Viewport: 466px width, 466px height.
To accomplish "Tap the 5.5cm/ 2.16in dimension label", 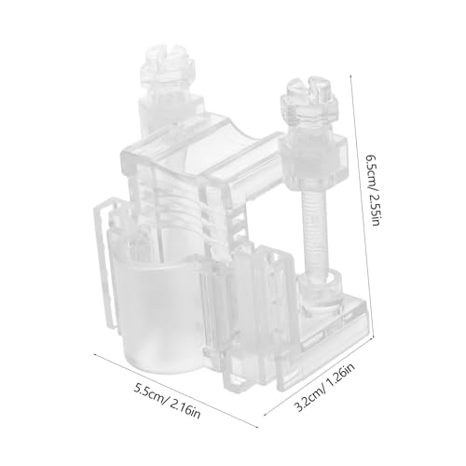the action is tap(167, 401).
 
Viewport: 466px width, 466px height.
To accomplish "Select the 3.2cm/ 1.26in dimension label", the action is tap(323, 388).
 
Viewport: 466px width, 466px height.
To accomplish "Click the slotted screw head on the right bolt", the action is tap(310, 88).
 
